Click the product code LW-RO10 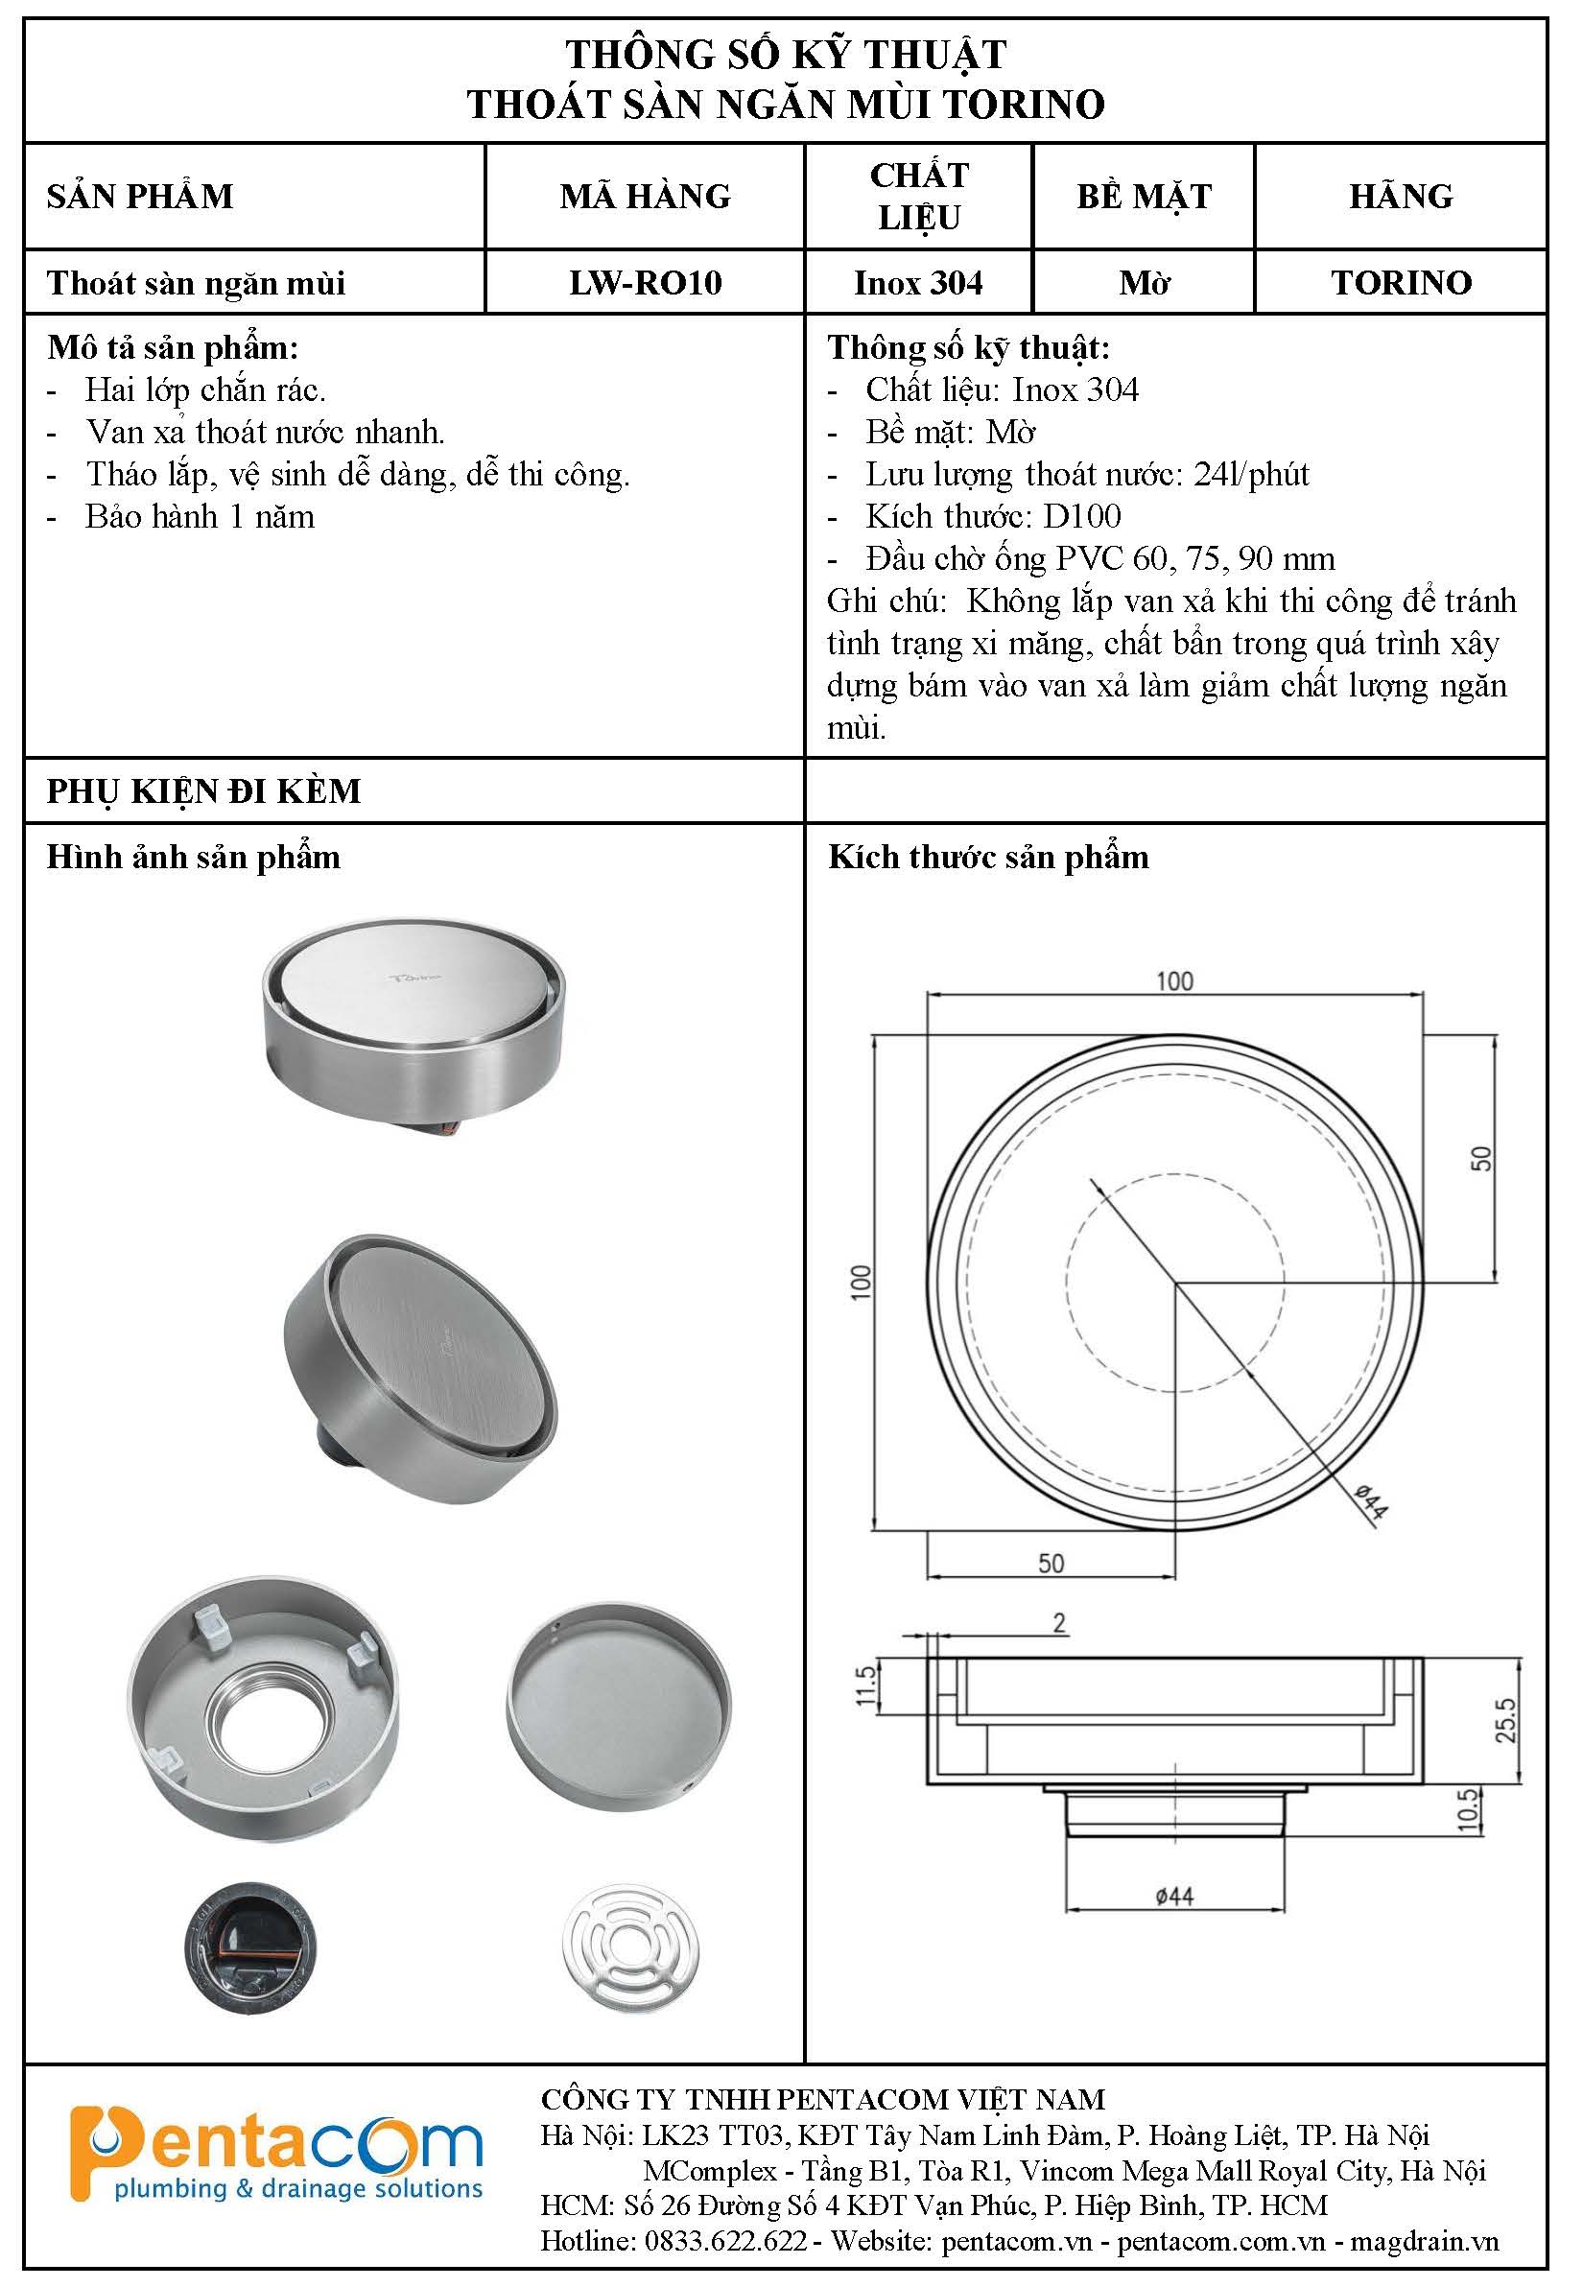click(x=645, y=283)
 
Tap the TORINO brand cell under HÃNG click(x=1401, y=283)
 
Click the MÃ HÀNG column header click(x=645, y=197)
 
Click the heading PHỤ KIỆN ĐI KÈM click(x=203, y=790)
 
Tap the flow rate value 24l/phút click(x=1251, y=474)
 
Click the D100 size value click(x=1082, y=516)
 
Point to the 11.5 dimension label click(x=866, y=1686)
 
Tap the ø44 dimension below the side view click(x=1174, y=1897)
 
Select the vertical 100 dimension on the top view click(x=860, y=1282)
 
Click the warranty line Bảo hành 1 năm click(x=200, y=517)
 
